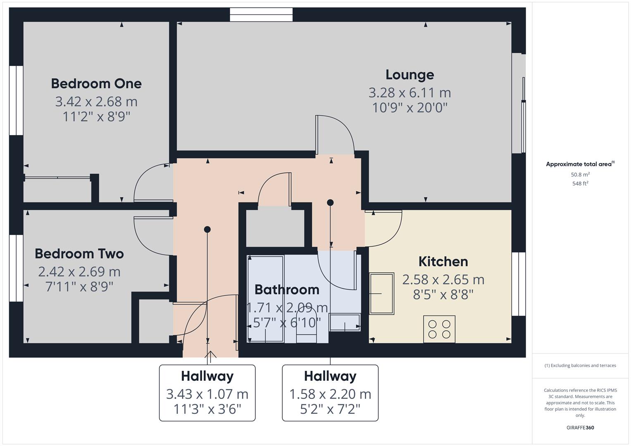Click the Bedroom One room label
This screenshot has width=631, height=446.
96,83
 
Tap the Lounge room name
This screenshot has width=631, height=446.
410,75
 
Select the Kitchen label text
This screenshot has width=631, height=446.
443,261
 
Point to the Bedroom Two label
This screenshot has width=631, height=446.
79,254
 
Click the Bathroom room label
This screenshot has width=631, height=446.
287,289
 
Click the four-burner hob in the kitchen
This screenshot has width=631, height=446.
439,329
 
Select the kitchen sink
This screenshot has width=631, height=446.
381,293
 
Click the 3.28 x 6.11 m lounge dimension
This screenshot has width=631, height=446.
410,93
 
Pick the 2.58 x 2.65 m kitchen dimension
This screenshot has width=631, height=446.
443,280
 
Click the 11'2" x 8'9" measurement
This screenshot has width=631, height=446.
96,117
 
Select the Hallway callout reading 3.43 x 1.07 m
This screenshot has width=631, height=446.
207,393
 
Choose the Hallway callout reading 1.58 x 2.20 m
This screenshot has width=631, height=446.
330,393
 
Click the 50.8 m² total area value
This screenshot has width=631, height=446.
580,175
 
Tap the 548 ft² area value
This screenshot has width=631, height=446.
580,184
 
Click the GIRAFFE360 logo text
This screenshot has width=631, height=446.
580,427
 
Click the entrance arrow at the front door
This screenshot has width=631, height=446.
211,355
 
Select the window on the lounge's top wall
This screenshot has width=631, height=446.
261,14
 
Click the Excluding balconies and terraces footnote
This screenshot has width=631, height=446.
580,365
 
